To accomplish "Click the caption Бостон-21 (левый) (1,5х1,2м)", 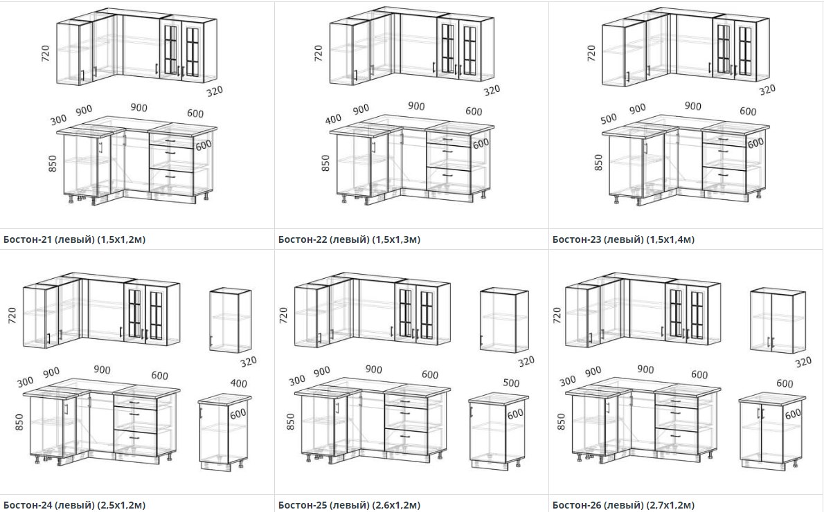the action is pyautogui.click(x=74, y=239).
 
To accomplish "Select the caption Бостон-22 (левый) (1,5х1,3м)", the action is pyautogui.click(x=349, y=239).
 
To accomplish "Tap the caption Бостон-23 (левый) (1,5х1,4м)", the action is pyautogui.click(x=623, y=239).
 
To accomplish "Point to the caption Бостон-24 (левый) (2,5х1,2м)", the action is pyautogui.click(x=74, y=505).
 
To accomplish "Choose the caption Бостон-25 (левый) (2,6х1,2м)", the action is pyautogui.click(x=349, y=505).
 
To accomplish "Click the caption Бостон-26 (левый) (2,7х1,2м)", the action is pyautogui.click(x=623, y=505).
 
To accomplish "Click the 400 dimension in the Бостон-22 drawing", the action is pyautogui.click(x=333, y=120).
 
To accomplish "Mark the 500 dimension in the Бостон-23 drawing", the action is pyautogui.click(x=609, y=119).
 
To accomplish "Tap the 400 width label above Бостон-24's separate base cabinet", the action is pyautogui.click(x=239, y=383).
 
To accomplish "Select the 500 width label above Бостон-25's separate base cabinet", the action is pyautogui.click(x=511, y=383).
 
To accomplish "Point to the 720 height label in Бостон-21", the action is pyautogui.click(x=45, y=53).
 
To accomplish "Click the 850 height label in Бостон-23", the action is pyautogui.click(x=598, y=163).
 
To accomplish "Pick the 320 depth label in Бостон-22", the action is pyautogui.click(x=492, y=91).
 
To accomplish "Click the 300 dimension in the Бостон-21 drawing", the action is pyautogui.click(x=58, y=120).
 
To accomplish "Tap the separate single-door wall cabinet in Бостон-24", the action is pyautogui.click(x=231, y=320).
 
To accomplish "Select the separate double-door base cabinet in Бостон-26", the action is pyautogui.click(x=772, y=430).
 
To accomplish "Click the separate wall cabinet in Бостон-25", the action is pyautogui.click(x=505, y=320).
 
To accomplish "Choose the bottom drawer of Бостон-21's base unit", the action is pyautogui.click(x=171, y=181).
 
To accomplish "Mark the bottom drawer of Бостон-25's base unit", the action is pyautogui.click(x=406, y=441).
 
